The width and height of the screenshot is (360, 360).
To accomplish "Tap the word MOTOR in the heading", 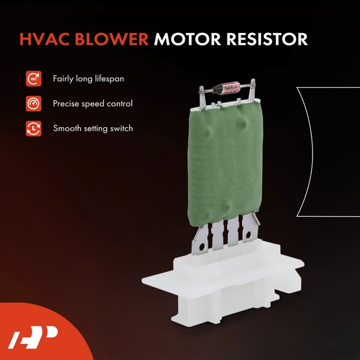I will coord(188,39).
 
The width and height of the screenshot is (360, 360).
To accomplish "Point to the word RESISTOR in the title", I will coord(268,39).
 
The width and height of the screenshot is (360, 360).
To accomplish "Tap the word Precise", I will coord(67,103).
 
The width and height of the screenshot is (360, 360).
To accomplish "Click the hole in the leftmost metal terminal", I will coord(201,246).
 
